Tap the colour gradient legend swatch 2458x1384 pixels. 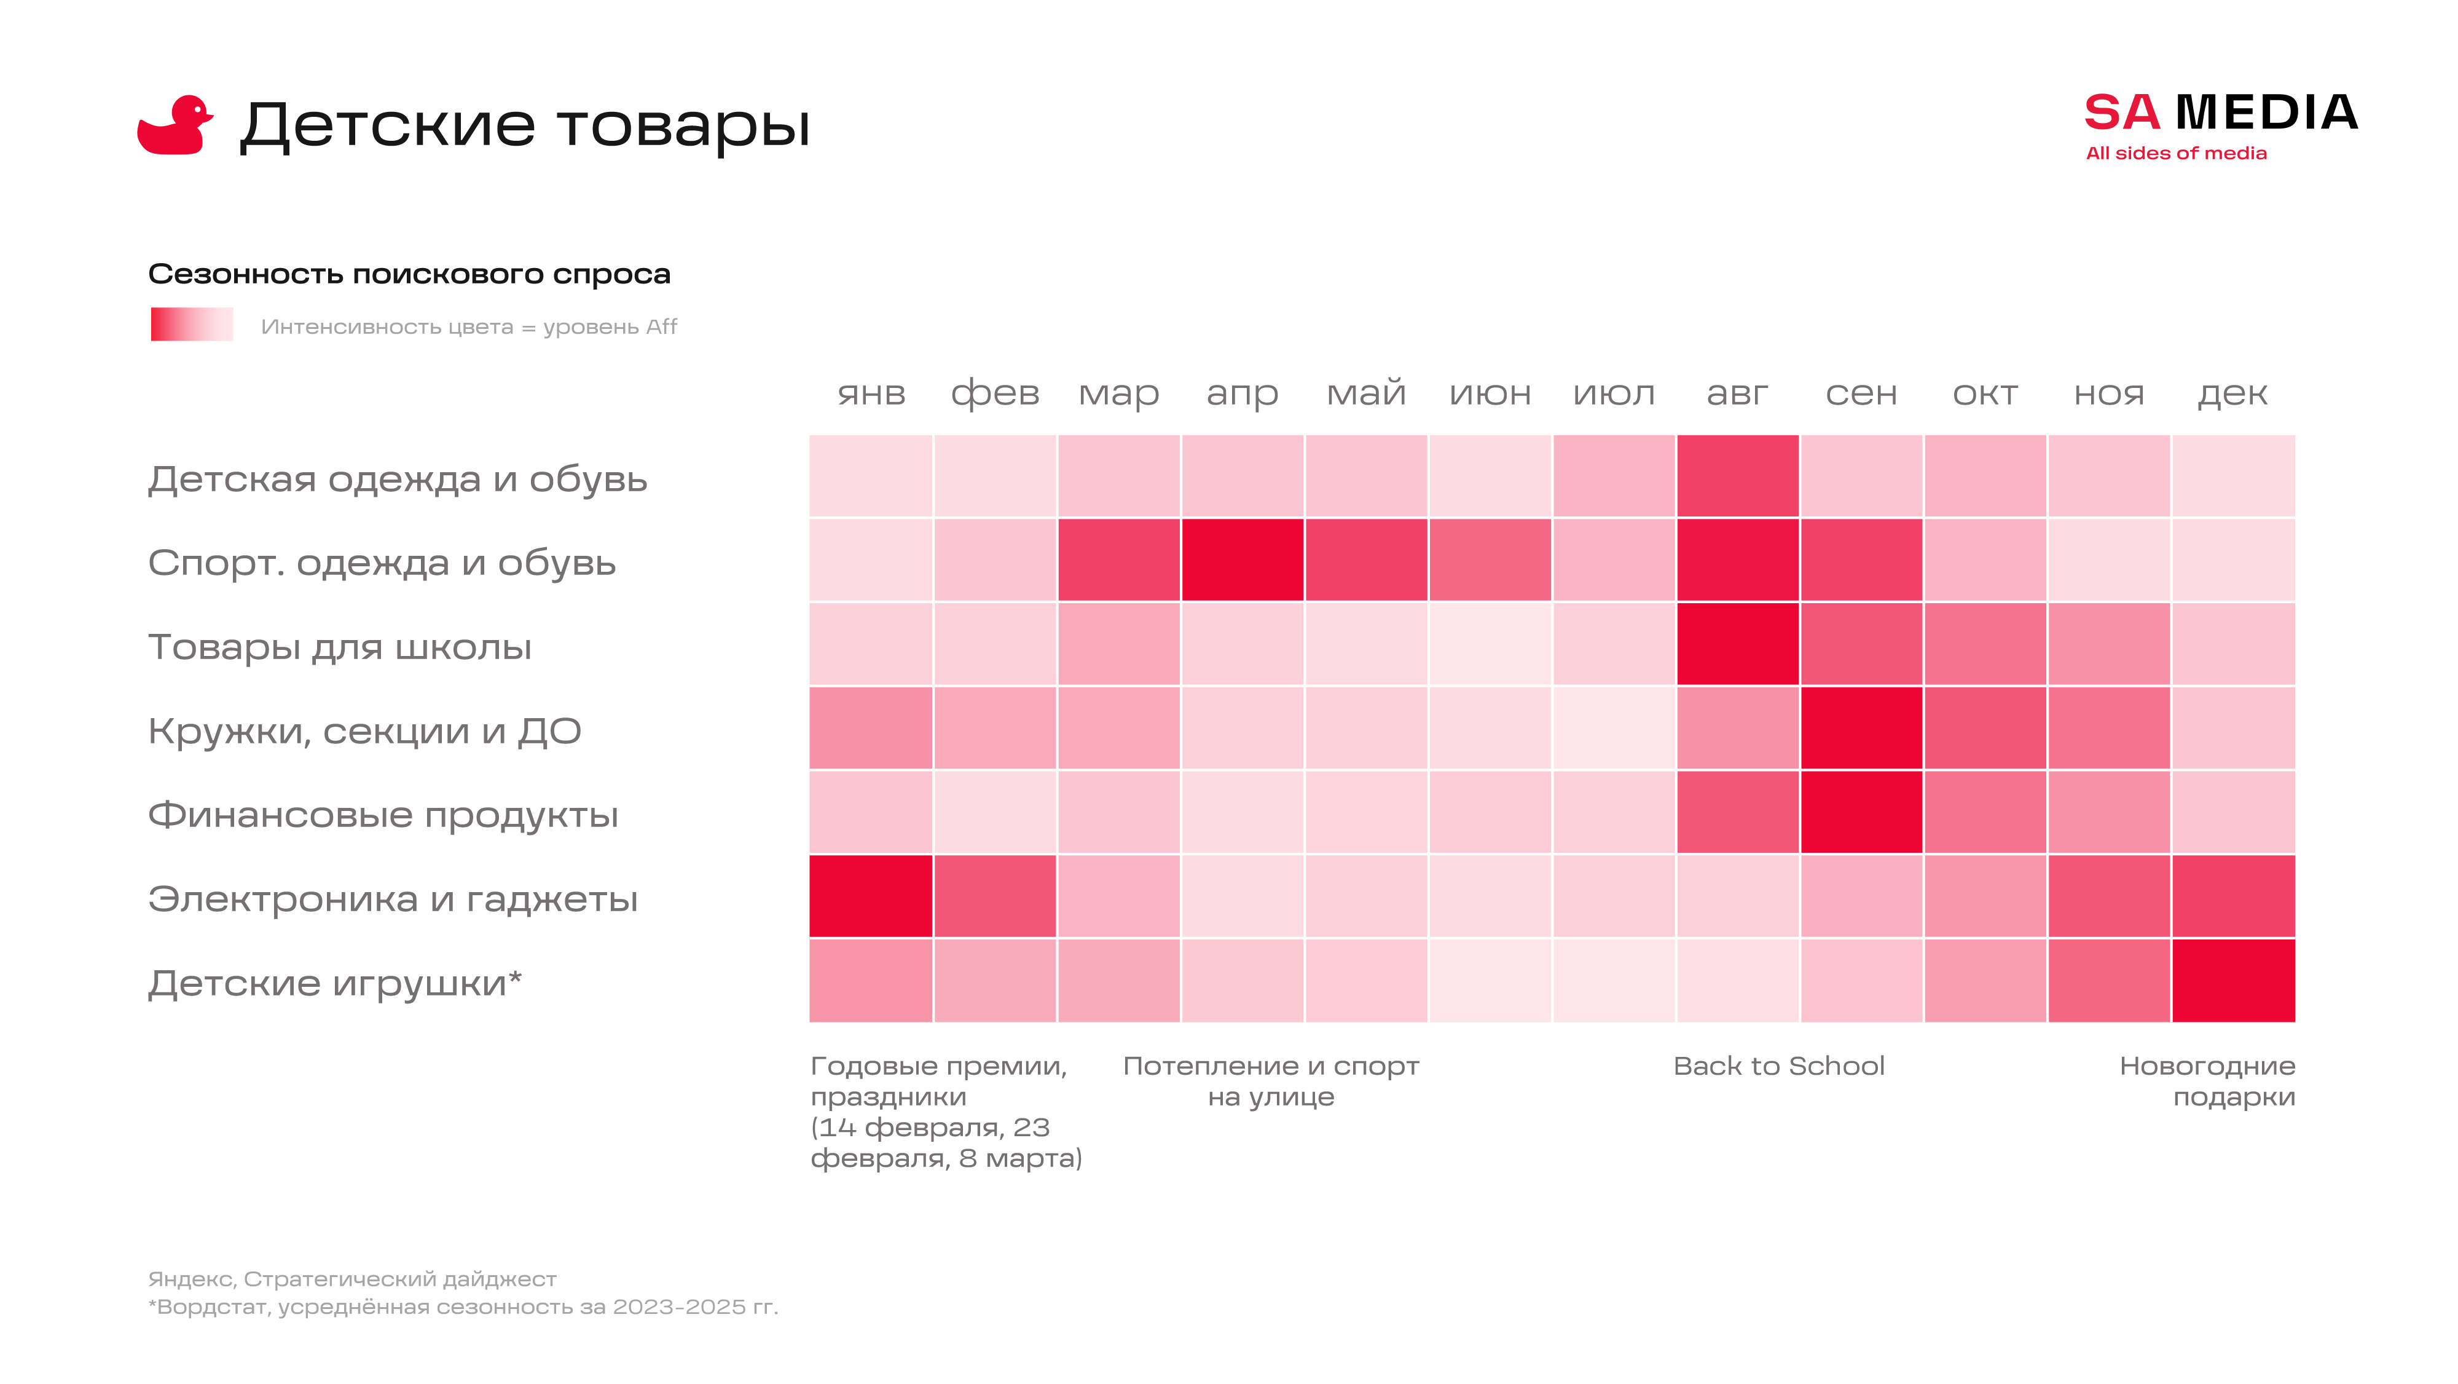click(x=192, y=325)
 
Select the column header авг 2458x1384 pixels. click(x=1737, y=393)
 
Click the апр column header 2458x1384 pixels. click(x=1241, y=393)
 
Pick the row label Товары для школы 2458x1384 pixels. click(x=340, y=647)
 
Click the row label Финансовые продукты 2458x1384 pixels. click(x=383, y=815)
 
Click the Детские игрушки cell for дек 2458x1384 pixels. click(x=2233, y=980)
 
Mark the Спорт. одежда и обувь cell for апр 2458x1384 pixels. click(x=1241, y=560)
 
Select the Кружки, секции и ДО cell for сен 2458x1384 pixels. click(x=1861, y=728)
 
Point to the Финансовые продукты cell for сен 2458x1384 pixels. click(x=1861, y=812)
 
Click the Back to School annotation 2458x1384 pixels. click(x=1778, y=1066)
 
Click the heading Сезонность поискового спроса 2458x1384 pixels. click(x=409, y=274)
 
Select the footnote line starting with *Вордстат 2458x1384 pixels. click(x=463, y=1307)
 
